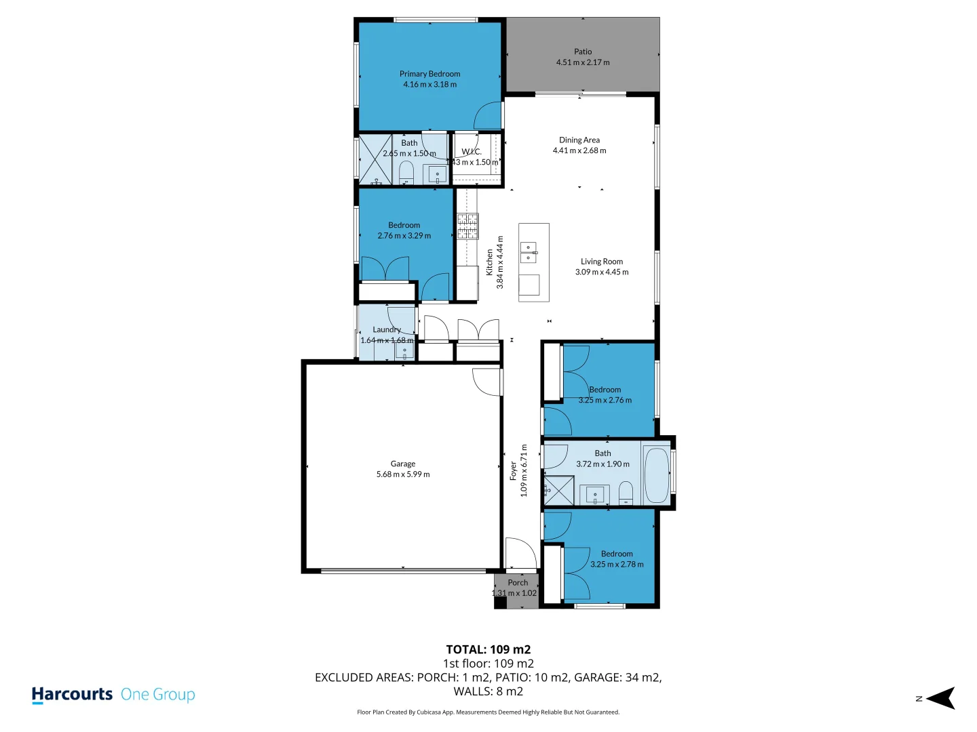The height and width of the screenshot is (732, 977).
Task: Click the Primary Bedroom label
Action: click(x=429, y=74)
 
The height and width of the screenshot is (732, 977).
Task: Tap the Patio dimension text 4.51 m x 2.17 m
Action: click(x=583, y=62)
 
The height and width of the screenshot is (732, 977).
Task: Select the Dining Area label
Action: click(x=579, y=140)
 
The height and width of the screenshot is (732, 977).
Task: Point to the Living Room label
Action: click(x=601, y=262)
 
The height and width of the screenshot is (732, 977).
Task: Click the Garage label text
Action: click(x=403, y=464)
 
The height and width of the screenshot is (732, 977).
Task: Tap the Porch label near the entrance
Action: click(x=518, y=582)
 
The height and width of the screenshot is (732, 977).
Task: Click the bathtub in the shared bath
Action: click(x=656, y=474)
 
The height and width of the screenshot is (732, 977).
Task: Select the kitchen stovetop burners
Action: click(x=467, y=226)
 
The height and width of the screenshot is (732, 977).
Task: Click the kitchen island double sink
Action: click(x=529, y=252)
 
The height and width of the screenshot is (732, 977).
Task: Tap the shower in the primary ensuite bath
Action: click(x=375, y=160)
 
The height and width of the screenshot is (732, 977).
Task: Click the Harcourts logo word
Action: click(x=72, y=695)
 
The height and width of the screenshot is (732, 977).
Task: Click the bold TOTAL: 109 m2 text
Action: click(x=488, y=649)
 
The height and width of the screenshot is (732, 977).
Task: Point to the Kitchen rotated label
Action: click(x=490, y=262)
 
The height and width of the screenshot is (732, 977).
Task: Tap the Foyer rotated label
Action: click(x=513, y=471)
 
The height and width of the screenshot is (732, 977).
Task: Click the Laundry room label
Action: click(x=387, y=329)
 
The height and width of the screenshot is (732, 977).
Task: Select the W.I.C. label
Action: click(x=472, y=152)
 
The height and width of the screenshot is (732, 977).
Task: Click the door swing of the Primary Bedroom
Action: click(x=487, y=116)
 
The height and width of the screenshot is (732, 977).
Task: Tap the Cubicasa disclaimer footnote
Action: click(x=488, y=712)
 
